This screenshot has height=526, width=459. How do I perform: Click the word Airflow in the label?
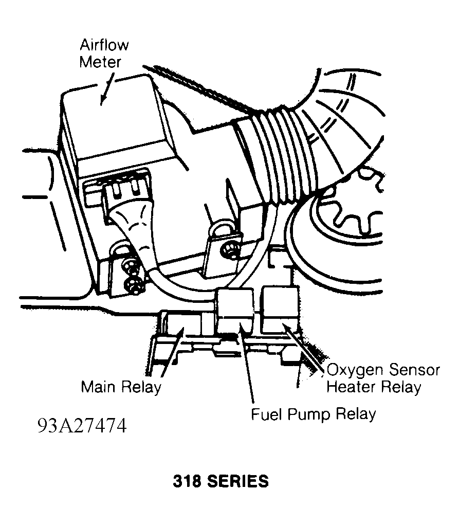pyautogui.click(x=104, y=45)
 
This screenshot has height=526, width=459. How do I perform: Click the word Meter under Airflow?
pyautogui.click(x=100, y=62)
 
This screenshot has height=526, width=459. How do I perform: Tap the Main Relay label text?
pyautogui.click(x=121, y=387)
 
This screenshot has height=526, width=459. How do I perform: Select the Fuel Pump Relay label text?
pyautogui.click(x=313, y=413)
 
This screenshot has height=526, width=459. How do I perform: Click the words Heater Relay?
pyautogui.click(x=374, y=387)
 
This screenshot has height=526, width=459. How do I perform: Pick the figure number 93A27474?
pyautogui.click(x=81, y=426)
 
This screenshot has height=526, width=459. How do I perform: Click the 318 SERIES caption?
pyautogui.click(x=220, y=481)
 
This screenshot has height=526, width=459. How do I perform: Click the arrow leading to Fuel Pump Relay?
pyautogui.click(x=247, y=365)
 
